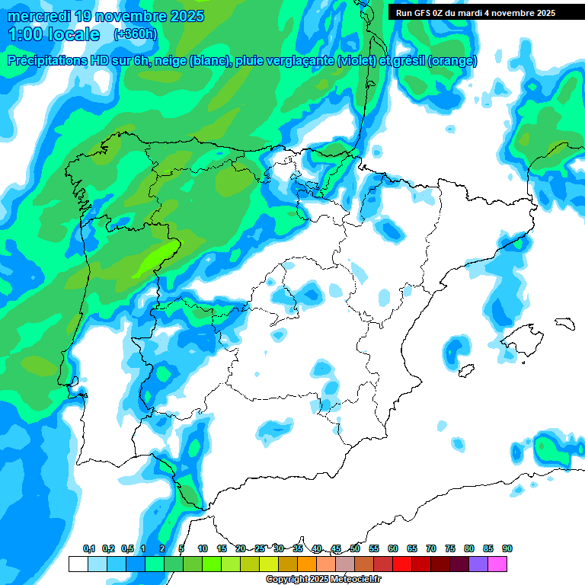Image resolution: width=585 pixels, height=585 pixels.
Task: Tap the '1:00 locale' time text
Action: (x=54, y=34)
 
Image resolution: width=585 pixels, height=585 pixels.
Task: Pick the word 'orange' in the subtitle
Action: (x=452, y=61)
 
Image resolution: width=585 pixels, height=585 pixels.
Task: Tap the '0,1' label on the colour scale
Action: (x=88, y=548)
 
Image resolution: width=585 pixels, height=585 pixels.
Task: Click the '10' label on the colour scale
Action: (x=202, y=548)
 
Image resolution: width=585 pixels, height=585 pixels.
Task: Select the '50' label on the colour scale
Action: (x=354, y=548)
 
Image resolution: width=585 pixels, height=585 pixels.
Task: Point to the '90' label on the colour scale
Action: (x=507, y=548)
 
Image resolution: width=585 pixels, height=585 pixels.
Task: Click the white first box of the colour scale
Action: (x=78, y=564)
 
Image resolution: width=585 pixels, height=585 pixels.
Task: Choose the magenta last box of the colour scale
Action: (x=497, y=564)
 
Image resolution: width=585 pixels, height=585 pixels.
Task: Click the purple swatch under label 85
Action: (x=478, y=564)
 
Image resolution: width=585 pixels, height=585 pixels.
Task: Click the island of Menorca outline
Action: (x=564, y=323)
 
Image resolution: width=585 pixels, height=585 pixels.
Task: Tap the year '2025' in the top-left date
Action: (x=181, y=16)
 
